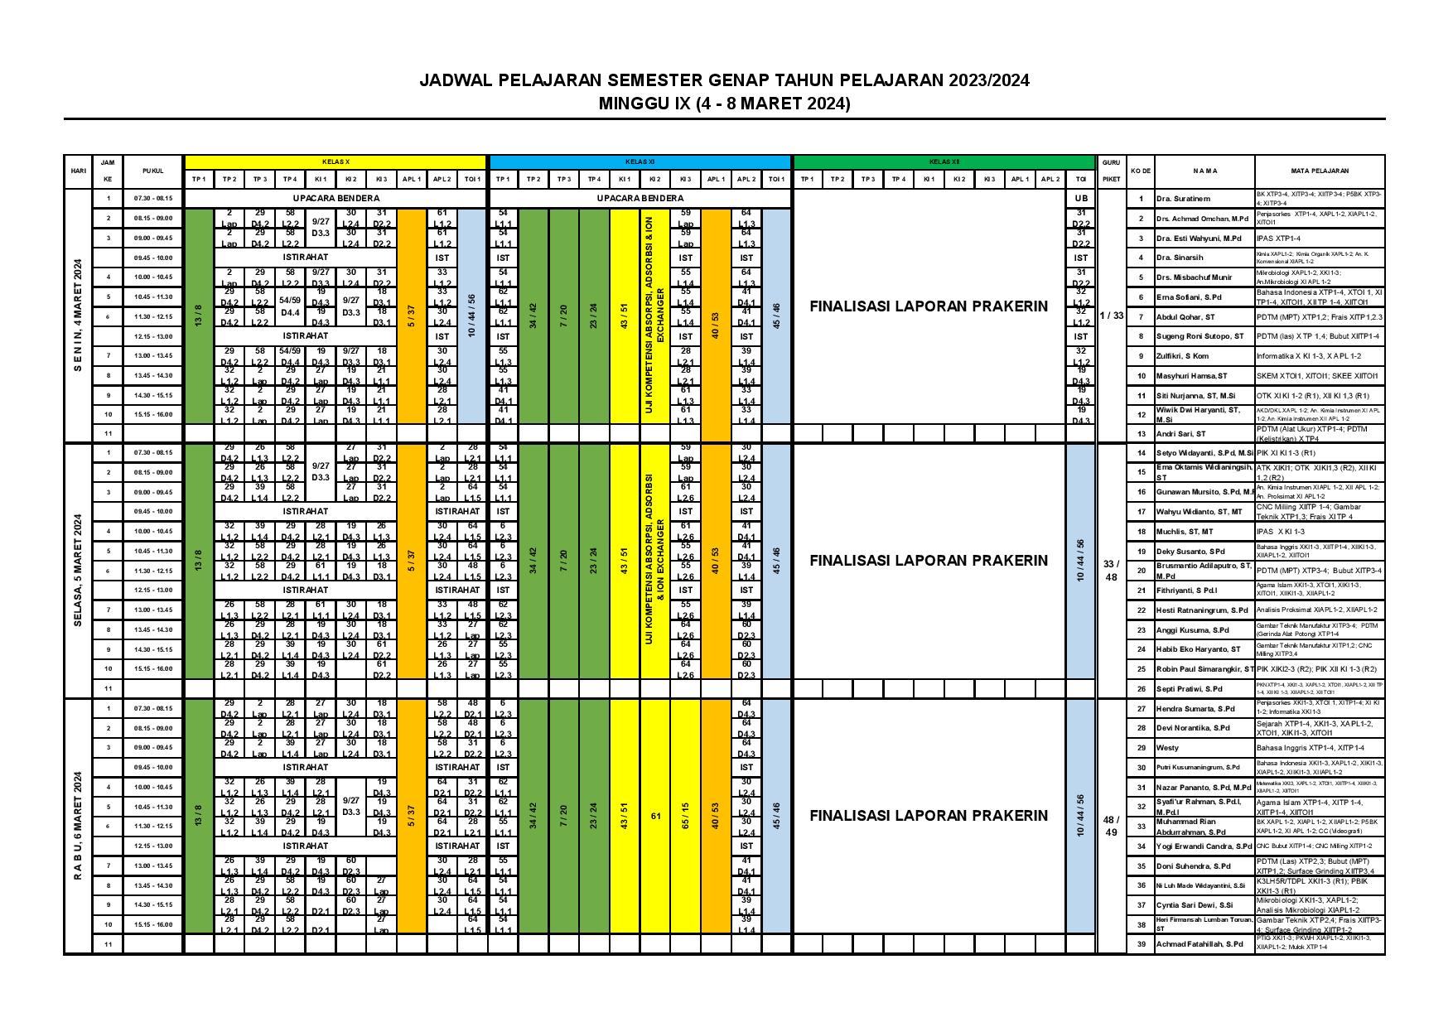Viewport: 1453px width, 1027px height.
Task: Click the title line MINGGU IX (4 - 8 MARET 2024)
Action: pyautogui.click(x=725, y=104)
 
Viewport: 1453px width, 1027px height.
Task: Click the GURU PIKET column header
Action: pyautogui.click(x=1110, y=171)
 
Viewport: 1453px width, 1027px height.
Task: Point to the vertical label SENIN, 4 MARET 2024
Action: pyautogui.click(x=78, y=316)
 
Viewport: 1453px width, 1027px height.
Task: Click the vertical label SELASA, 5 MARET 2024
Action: pyautogui.click(x=78, y=571)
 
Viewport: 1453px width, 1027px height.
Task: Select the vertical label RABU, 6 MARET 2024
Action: pyautogui.click(x=78, y=826)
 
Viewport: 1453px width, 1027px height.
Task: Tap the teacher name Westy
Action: pyautogui.click(x=1167, y=748)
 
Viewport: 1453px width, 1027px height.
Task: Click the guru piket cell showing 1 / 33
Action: pyautogui.click(x=1110, y=316)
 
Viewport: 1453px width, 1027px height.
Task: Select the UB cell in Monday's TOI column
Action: pyautogui.click(x=1080, y=199)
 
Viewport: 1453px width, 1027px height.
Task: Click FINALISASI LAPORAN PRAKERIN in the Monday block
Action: pyautogui.click(x=929, y=306)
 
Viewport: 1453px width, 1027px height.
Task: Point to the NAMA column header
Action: pyautogui.click(x=1204, y=171)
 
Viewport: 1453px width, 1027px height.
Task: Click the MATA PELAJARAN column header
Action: pyautogui.click(x=1320, y=171)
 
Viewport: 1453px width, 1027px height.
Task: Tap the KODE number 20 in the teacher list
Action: pyautogui.click(x=1141, y=571)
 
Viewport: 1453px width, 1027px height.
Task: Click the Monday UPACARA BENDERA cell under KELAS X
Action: pyautogui.click(x=335, y=199)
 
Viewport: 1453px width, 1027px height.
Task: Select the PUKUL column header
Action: pyautogui.click(x=152, y=171)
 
